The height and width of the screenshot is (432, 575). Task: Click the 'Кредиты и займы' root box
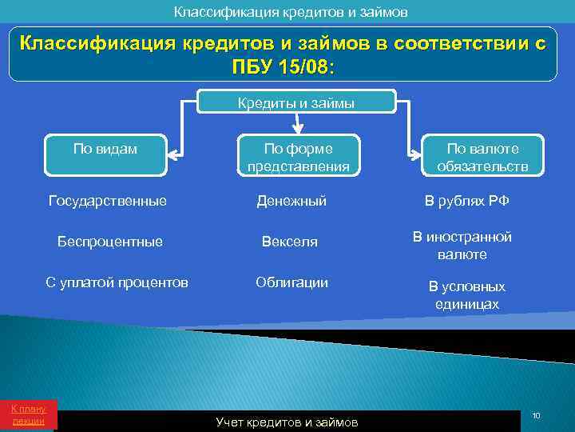coord(296,102)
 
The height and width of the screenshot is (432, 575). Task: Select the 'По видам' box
coord(105,154)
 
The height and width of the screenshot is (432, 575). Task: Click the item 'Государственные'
coord(108,201)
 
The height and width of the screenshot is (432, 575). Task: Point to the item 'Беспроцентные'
coord(110,241)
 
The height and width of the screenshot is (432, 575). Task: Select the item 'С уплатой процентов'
coord(117,282)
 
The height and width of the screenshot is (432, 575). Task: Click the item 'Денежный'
coord(291,201)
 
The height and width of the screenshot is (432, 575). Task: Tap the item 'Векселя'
coord(291,241)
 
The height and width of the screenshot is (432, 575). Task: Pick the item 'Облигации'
coord(291,282)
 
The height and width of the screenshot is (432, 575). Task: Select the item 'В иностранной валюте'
coord(462,246)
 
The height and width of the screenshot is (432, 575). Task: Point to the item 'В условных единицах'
coord(467,295)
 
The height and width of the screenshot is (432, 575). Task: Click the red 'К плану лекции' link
coord(28,414)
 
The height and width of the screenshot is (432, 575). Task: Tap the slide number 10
coord(536,415)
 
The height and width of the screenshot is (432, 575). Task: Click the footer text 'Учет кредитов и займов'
coord(287,422)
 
